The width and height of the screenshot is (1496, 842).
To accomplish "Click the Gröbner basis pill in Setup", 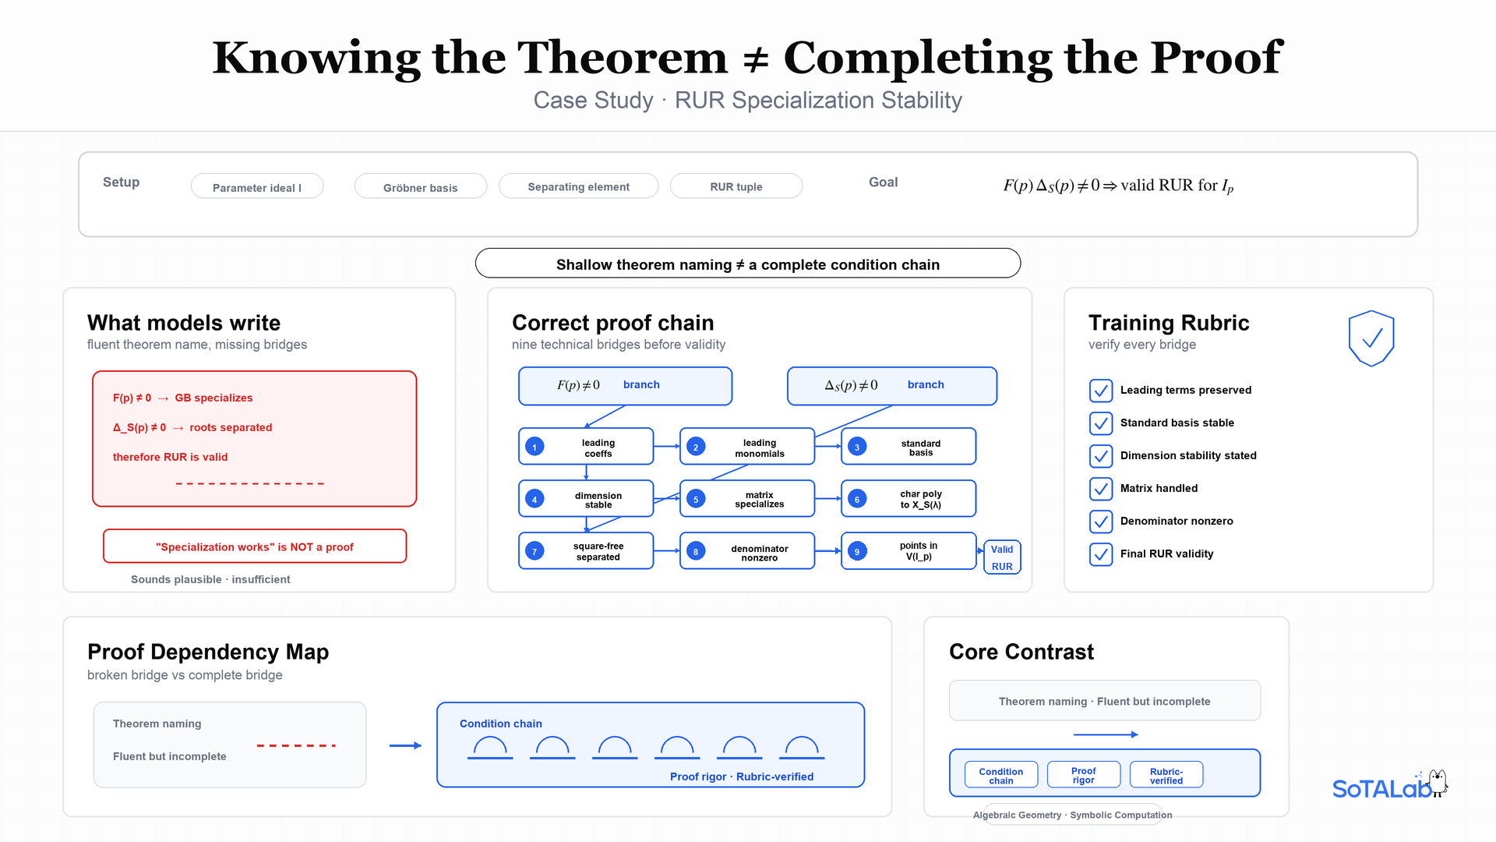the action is tap(421, 186).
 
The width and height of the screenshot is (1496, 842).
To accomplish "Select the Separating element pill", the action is tap(578, 186).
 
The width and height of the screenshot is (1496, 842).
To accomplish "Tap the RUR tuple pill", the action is tap(736, 186).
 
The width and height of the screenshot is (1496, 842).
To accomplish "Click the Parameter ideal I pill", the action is tap(257, 186).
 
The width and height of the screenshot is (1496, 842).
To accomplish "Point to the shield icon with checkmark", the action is tap(1371, 338).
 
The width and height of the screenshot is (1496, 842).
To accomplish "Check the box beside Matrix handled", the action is tap(1101, 489).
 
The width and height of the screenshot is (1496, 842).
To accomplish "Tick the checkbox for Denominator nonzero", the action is tap(1101, 522).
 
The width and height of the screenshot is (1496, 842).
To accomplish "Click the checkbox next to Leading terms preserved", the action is tap(1101, 391).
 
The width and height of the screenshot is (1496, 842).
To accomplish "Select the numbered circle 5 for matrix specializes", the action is tap(696, 499).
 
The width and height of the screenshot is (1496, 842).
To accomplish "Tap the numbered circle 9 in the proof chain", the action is tap(857, 551).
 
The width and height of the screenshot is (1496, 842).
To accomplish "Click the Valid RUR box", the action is tap(1002, 557).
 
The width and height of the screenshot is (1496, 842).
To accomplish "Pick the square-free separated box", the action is tap(586, 551).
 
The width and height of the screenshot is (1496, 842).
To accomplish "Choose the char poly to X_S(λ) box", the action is tap(909, 499).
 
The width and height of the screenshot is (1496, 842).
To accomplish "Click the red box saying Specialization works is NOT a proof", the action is tap(255, 547).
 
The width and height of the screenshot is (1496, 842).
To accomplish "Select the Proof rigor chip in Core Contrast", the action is tap(1084, 775).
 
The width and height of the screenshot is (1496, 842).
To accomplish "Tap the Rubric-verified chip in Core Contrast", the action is tap(1166, 775).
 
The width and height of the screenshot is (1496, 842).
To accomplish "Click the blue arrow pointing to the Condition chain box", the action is tap(405, 746).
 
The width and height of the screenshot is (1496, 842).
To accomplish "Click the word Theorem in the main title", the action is tap(623, 58).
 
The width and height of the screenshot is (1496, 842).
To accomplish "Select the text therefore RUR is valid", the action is tap(171, 458).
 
